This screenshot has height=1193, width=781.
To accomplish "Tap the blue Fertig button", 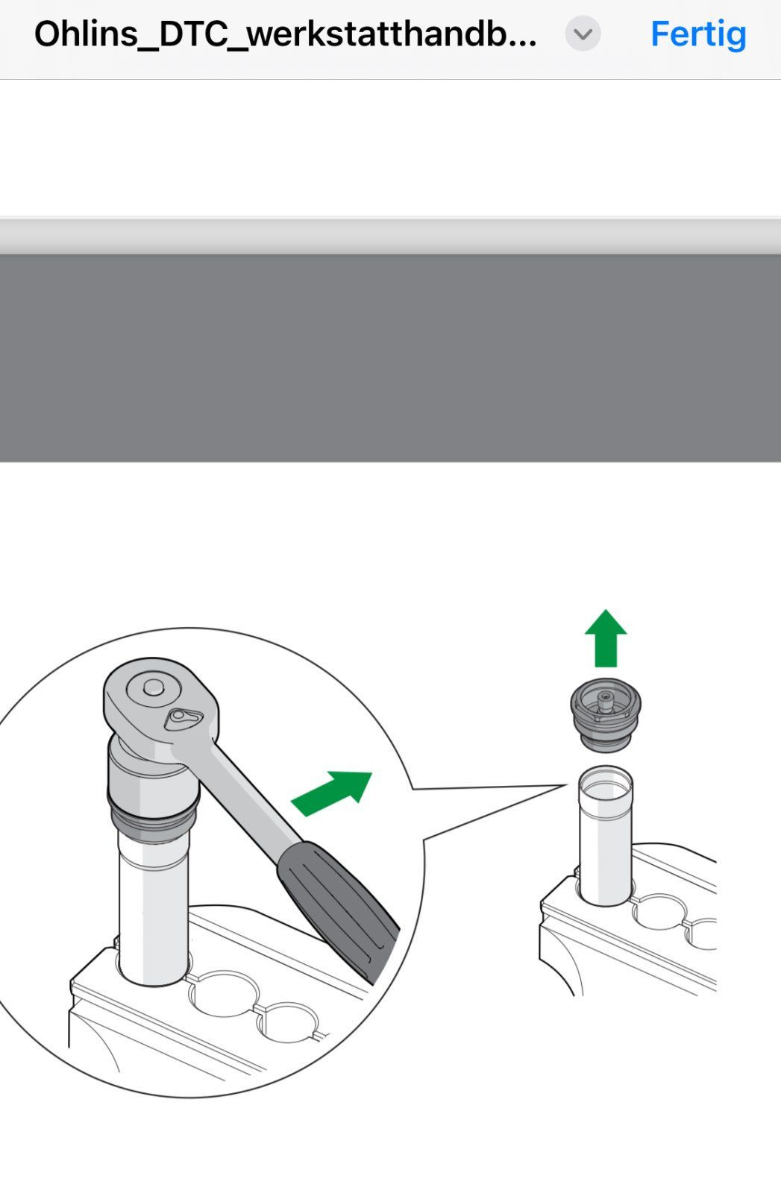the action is coord(698,34).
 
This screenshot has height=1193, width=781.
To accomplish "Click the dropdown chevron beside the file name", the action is coord(583,34).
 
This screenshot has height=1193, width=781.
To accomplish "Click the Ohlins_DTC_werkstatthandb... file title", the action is coord(286,34).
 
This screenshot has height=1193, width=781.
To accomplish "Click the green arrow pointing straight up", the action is coord(606,638).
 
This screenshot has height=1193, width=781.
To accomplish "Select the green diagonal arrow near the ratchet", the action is coord(332,793).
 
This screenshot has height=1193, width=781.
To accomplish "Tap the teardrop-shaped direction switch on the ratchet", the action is coord(183,719).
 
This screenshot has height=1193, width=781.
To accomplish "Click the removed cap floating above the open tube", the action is coord(606,715).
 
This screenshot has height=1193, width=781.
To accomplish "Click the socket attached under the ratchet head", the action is coord(152,770).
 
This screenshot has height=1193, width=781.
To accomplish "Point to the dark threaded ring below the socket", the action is coord(154,816).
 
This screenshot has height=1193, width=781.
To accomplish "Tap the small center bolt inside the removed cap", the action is coord(605,701).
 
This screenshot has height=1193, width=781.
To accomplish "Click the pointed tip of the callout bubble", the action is coord(566,784).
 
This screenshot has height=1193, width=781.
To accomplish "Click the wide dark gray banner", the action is coord(391,358).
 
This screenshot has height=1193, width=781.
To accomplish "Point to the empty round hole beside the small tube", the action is coord(659,911).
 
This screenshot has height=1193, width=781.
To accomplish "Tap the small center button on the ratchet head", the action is coord(154,687).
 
